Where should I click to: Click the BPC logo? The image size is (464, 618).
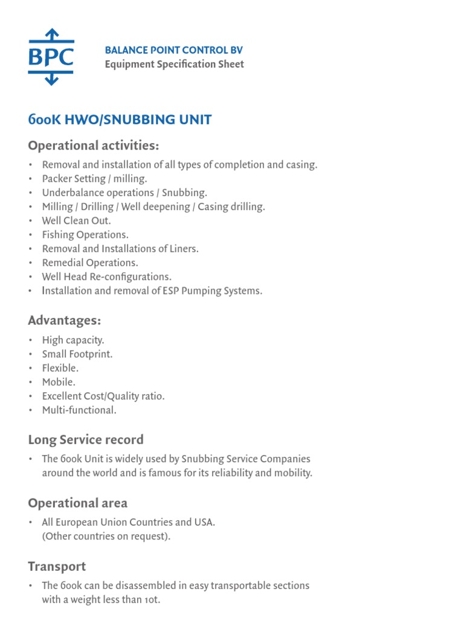51,57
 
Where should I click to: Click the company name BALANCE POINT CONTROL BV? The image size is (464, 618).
173,50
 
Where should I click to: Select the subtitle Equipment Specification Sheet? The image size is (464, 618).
174,64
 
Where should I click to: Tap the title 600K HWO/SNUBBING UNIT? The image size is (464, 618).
120,119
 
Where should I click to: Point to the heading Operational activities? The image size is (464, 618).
94,145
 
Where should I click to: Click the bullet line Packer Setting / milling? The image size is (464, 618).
94,179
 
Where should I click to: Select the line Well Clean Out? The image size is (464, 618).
76,220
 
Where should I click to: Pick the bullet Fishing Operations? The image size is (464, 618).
85,234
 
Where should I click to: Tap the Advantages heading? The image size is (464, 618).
64,320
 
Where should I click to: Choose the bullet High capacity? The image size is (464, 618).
72,340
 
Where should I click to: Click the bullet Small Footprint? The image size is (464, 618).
77,354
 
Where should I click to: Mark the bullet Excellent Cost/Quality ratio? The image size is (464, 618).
103,396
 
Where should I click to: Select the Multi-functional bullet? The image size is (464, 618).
78,410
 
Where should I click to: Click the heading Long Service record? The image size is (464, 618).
85,439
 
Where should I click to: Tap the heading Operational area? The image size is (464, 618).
77,503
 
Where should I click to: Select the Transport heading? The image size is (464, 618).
57,566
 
